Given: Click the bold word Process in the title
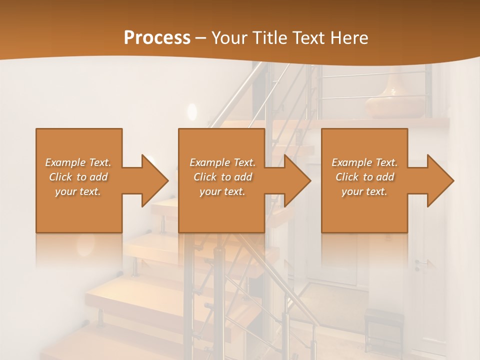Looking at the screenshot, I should pyautogui.click(x=157, y=38).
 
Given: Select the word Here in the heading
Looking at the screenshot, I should pyautogui.click(x=348, y=38).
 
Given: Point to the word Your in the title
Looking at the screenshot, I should pyautogui.click(x=231, y=38).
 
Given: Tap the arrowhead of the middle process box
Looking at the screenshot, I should pyautogui.click(x=296, y=180).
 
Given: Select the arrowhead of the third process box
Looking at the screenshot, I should pyautogui.click(x=440, y=180).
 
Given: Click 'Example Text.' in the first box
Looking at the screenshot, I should pyautogui.click(x=78, y=162).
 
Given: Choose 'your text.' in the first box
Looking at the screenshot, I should pyautogui.click(x=78, y=191).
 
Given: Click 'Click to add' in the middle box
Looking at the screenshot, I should pyautogui.click(x=222, y=177).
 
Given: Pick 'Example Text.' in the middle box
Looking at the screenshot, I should pyautogui.click(x=222, y=162).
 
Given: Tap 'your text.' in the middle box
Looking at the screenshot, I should pyautogui.click(x=222, y=191).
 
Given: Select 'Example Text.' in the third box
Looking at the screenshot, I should pyautogui.click(x=364, y=162).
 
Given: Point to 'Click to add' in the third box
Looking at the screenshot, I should pyautogui.click(x=364, y=177).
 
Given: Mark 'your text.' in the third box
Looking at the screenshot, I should pyautogui.click(x=364, y=191).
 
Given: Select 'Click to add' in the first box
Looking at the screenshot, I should pyautogui.click(x=78, y=177).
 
